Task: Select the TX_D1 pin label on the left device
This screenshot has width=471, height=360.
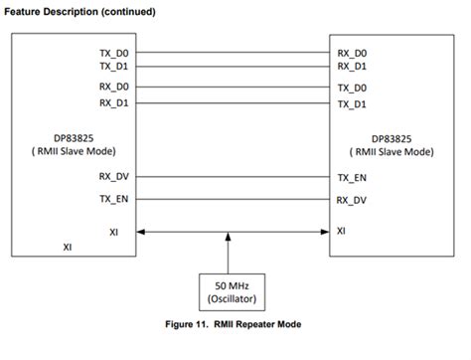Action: tap(113, 66)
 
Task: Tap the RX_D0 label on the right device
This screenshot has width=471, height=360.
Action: tap(352, 53)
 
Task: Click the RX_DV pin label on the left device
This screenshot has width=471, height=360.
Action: tap(112, 177)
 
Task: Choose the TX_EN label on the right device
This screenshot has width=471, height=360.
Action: tap(351, 177)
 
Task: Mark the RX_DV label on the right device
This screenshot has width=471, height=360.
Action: tap(351, 200)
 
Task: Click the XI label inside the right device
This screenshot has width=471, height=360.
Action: tap(342, 231)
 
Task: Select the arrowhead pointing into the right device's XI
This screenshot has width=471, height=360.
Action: tap(327, 231)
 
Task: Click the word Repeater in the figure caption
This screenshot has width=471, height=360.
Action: tap(245, 325)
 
